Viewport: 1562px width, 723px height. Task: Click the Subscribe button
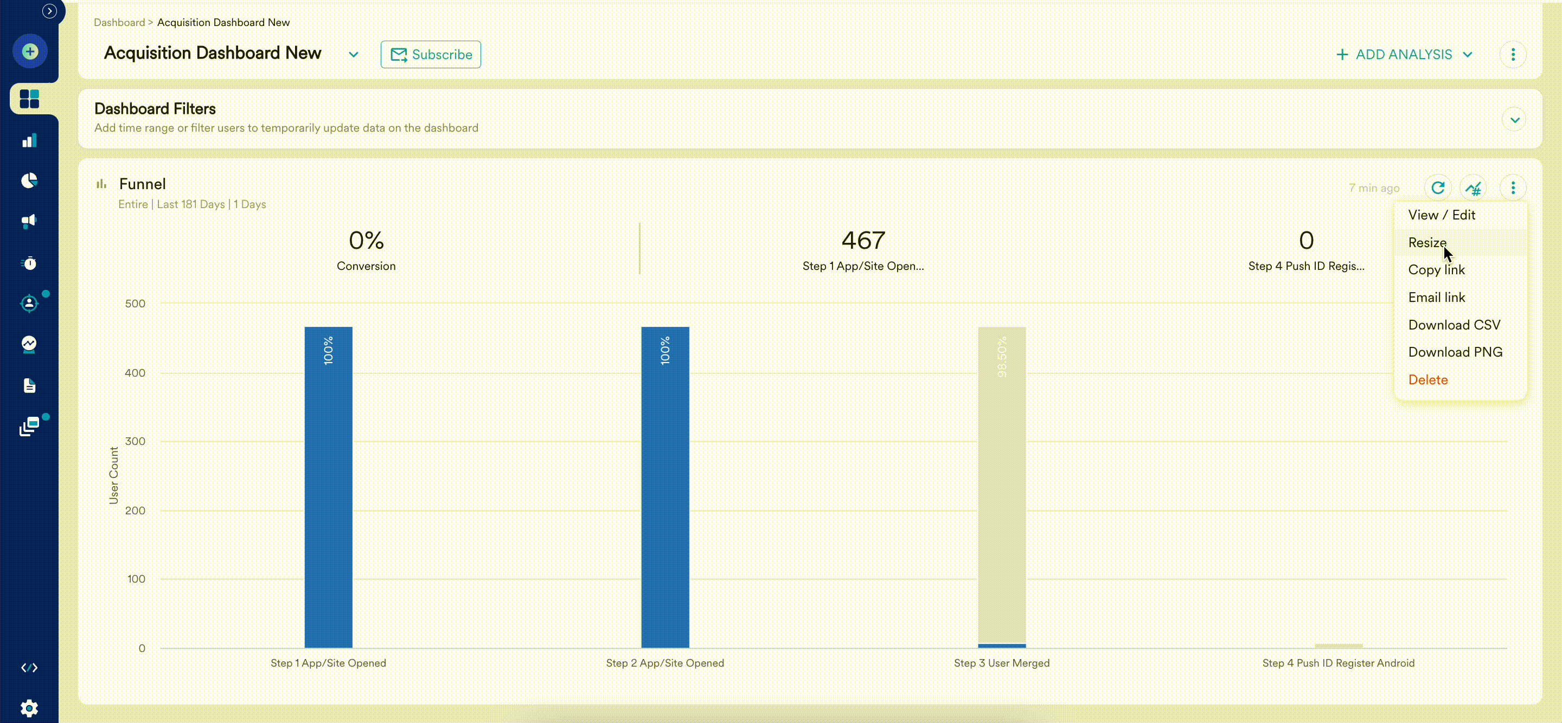(431, 55)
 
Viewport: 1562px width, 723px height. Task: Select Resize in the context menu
(1427, 242)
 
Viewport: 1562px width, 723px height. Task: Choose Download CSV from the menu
(1454, 325)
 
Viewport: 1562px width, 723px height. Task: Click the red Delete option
(1427, 380)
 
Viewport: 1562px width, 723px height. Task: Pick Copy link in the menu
(1436, 270)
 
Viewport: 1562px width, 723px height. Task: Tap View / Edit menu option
(1442, 215)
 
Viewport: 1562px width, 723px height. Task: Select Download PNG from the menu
(1455, 352)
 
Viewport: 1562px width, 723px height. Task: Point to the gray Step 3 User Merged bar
(1001, 485)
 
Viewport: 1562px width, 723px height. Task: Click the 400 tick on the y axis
(135, 373)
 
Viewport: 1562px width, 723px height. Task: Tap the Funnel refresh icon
(1438, 188)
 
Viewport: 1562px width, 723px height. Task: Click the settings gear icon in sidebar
(29, 708)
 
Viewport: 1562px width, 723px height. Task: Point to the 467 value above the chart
(863, 241)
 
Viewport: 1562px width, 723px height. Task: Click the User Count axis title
(113, 475)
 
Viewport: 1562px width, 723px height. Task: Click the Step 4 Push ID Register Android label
(1338, 663)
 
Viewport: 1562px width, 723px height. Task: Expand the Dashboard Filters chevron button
(1514, 119)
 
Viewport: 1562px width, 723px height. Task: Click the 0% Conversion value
(366, 241)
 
